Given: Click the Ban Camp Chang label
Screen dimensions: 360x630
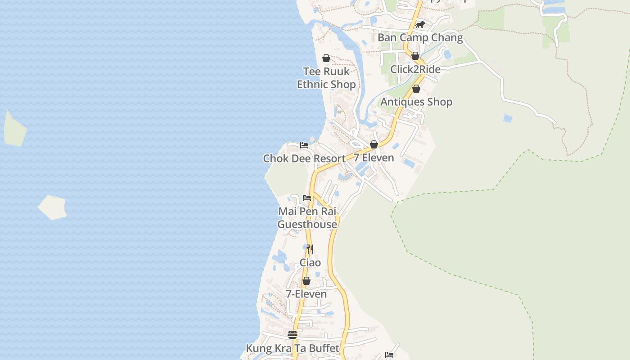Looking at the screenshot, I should (420, 37).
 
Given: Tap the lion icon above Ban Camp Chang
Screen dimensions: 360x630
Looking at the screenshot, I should (420, 25).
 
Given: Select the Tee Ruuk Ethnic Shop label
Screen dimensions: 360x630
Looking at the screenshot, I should (326, 78).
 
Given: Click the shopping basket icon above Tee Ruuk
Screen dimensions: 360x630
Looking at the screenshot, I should (326, 58).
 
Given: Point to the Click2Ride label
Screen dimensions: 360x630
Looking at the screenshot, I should (415, 69).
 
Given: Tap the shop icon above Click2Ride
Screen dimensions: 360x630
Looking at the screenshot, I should (415, 56).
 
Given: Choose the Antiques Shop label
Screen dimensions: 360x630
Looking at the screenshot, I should (416, 102).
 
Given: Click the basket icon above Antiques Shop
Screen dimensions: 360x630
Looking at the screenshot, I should (416, 89).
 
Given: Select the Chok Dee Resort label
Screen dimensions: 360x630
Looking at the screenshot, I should (304, 158).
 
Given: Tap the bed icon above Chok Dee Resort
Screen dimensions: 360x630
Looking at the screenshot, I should (304, 145).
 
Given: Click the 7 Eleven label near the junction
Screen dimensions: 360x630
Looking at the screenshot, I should (373, 157).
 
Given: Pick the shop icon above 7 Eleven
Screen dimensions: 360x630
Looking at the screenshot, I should (374, 144).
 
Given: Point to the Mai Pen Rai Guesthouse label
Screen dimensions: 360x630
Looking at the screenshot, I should (307, 218).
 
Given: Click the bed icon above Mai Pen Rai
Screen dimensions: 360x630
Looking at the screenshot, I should (307, 198).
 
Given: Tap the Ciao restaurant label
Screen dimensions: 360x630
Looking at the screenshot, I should (310, 262).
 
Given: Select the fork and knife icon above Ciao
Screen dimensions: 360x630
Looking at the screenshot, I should (310, 249).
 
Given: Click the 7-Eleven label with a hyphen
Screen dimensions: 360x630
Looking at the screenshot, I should (306, 294).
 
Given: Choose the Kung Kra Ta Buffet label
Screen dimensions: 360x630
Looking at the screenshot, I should (292, 348).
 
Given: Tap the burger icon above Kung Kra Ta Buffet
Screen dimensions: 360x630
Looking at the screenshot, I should (292, 335).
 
